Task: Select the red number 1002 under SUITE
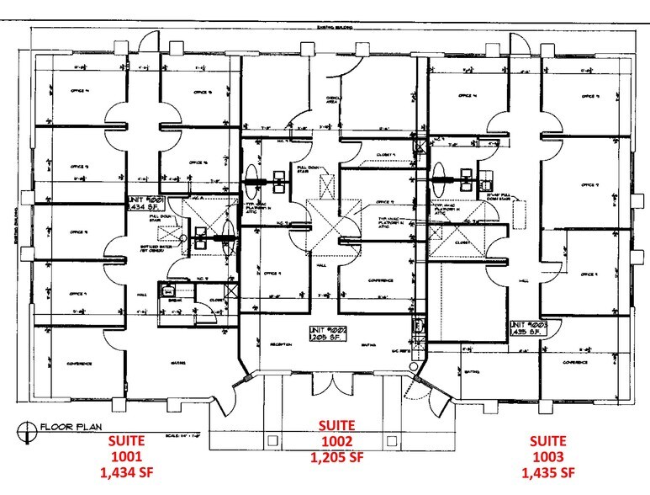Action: coord(335,441)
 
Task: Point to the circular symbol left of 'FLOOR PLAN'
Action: coord(24,427)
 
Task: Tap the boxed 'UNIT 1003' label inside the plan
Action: coord(527,328)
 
